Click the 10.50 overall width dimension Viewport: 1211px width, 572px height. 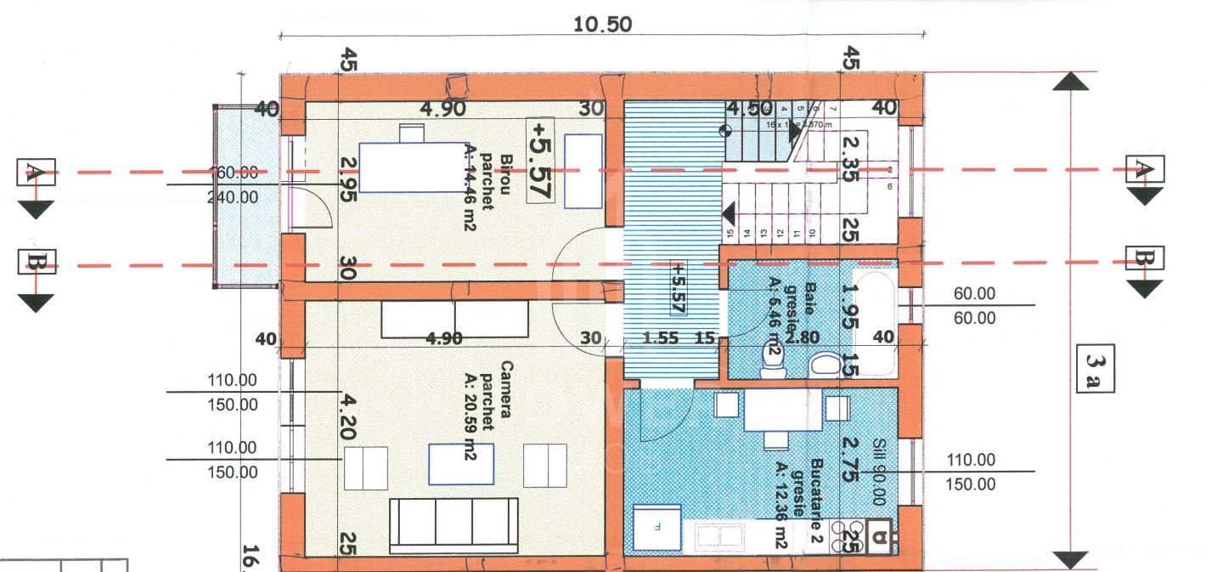click(603, 24)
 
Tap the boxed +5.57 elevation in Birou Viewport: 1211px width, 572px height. click(540, 160)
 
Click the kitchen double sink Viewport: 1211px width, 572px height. click(721, 536)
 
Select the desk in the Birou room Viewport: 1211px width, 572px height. click(413, 167)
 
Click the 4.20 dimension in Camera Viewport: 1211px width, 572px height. click(348, 416)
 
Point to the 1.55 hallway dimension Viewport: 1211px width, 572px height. click(661, 338)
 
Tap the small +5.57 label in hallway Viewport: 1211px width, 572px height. click(678, 286)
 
